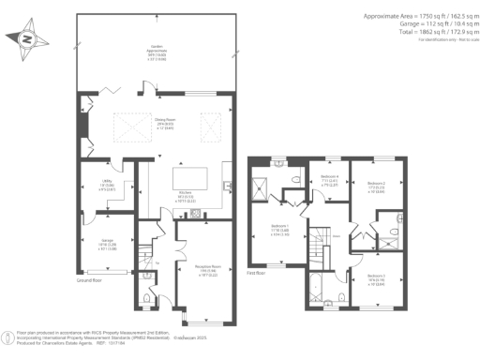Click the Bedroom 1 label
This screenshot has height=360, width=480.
(x=279, y=229)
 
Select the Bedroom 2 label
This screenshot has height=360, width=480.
(x=376, y=186)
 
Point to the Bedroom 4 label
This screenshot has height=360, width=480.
(x=328, y=181)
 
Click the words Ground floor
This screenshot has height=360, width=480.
(x=91, y=280)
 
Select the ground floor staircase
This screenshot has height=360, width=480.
(x=144, y=255)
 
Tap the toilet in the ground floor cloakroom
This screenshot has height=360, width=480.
(x=146, y=300)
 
